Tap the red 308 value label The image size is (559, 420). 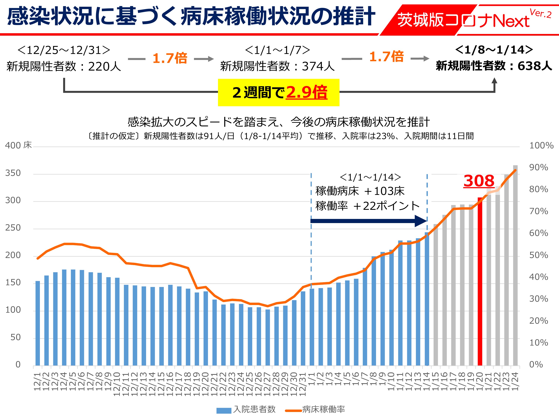(x=479, y=181)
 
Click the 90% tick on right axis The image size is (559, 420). (x=539, y=167)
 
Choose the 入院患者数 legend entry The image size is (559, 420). (x=246, y=409)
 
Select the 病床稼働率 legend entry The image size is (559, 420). (x=315, y=409)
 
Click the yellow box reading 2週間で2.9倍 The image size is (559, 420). (x=279, y=92)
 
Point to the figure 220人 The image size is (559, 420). (x=105, y=66)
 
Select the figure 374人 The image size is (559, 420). (x=318, y=66)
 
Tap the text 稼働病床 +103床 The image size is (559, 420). (x=360, y=191)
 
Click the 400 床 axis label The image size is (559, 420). (x=18, y=145)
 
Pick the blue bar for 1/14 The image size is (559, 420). (x=427, y=299)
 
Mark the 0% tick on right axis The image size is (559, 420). (x=536, y=365)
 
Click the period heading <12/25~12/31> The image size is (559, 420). (x=64, y=50)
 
